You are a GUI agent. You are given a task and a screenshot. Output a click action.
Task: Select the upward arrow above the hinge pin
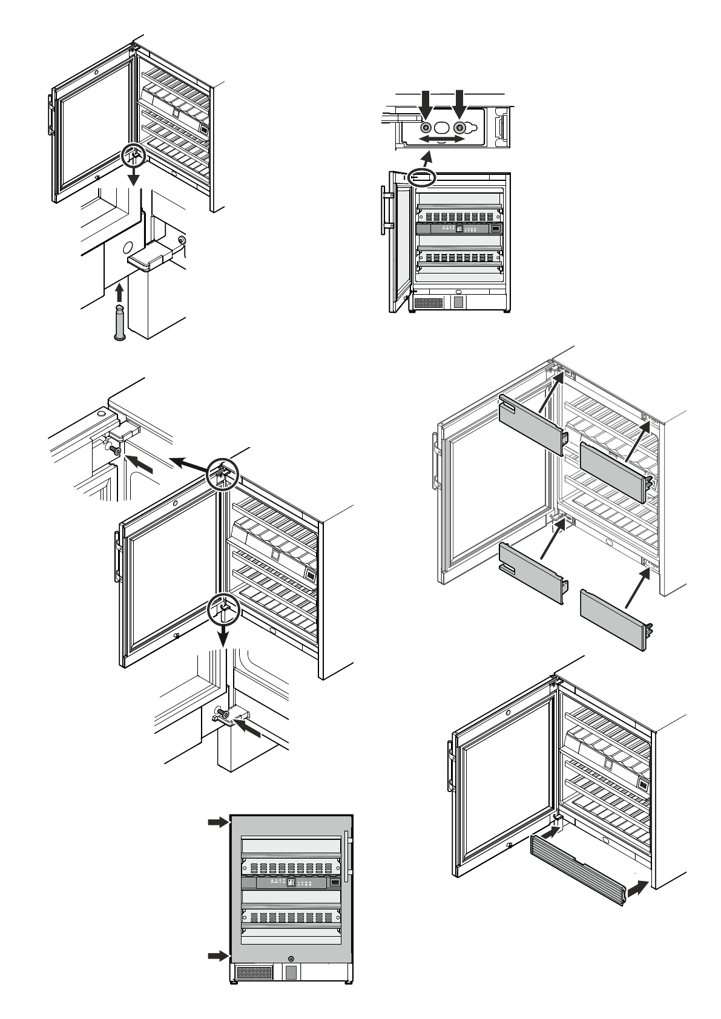pyautogui.click(x=119, y=293)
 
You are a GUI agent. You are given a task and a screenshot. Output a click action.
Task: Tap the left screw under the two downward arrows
pyautogui.click(x=426, y=128)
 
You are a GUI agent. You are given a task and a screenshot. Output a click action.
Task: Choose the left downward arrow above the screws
pyautogui.click(x=426, y=103)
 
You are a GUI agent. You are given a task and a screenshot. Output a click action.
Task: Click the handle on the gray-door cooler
pyautogui.click(x=346, y=856)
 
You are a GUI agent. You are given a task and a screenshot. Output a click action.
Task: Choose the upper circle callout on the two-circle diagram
pyautogui.click(x=223, y=472)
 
